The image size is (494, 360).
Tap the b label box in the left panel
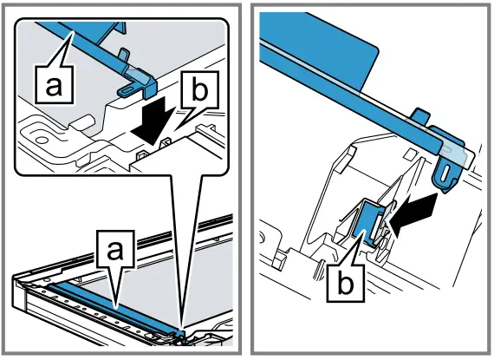pos(200,90)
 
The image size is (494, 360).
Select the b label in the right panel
pos(345,283)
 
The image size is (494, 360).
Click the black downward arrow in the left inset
pos(153,121)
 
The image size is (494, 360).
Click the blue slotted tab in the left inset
pos(127,90)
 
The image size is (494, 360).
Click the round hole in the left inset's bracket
pos(40,139)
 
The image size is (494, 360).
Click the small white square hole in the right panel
pos(411,154)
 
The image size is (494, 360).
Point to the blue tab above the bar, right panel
pos(420,115)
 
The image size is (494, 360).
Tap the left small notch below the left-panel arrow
pos(142,154)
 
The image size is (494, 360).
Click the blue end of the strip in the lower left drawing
pos(180,333)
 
